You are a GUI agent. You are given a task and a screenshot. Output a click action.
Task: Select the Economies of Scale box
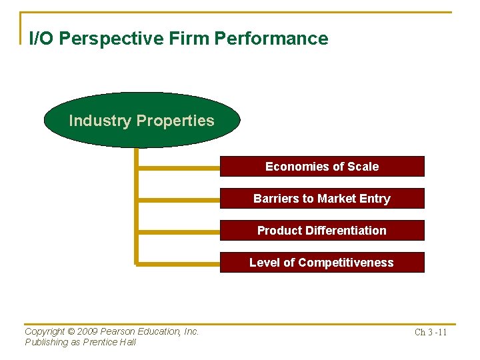[x=322, y=167]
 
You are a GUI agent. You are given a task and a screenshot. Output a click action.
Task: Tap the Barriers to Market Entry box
[x=322, y=199]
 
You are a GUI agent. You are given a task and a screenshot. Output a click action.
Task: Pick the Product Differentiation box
[x=322, y=231]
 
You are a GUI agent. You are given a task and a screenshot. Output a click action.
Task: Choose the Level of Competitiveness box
[x=322, y=263]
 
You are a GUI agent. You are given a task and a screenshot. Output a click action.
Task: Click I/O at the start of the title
[x=41, y=39]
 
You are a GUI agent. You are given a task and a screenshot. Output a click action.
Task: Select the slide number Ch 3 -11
[x=430, y=332]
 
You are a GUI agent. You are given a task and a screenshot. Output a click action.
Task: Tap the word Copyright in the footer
[x=45, y=331]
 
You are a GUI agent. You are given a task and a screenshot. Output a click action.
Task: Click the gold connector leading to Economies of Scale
[x=179, y=167]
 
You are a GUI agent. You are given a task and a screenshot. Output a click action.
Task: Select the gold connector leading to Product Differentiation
[x=179, y=231]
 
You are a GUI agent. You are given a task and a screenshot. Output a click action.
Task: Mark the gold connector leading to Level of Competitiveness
[x=179, y=263]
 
